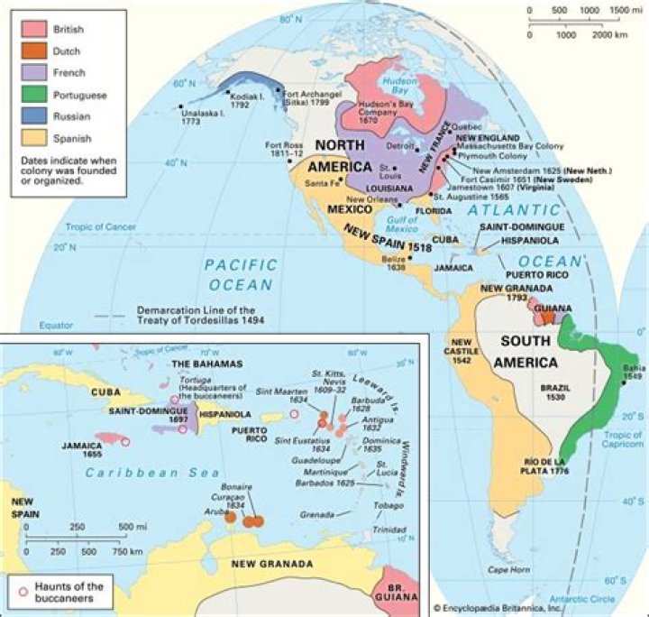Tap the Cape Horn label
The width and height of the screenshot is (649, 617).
tap(507, 570)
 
